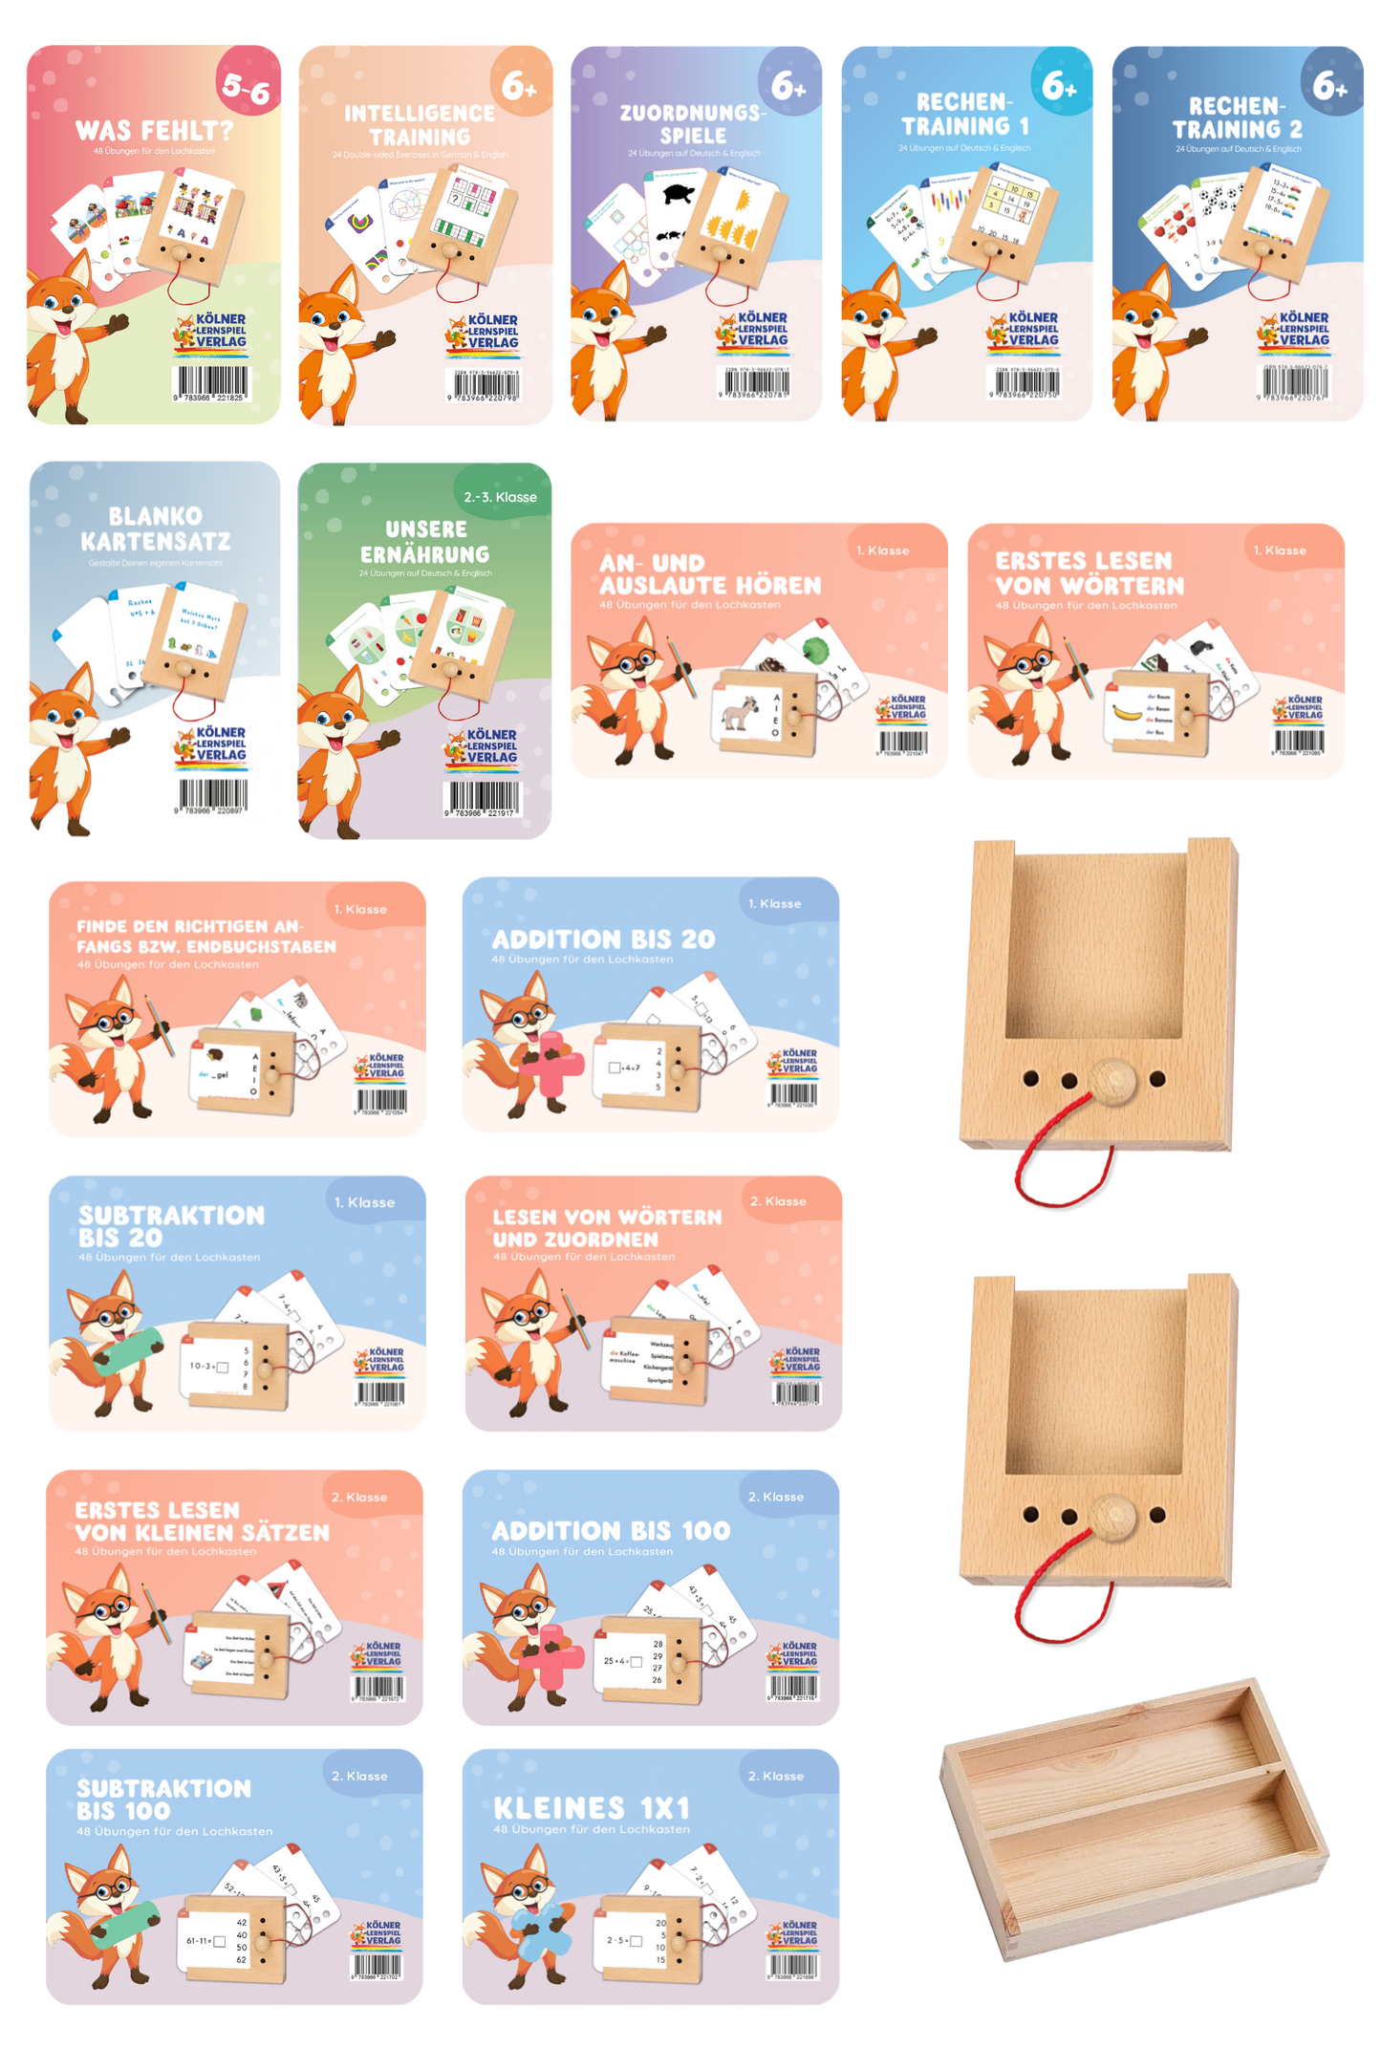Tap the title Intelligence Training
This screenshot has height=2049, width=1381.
tap(420, 125)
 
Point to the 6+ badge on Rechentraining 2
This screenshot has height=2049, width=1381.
tap(1330, 87)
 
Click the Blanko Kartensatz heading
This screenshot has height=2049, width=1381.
tap(155, 528)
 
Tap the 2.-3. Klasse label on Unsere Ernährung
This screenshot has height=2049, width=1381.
tap(500, 497)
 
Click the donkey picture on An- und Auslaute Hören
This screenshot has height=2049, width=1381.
tap(740, 713)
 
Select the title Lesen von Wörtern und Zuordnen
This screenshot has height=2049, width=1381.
tap(606, 1227)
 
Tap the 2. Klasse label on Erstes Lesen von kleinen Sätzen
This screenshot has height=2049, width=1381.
tap(359, 1497)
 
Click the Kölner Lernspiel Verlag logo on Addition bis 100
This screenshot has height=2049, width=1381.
tap(792, 1654)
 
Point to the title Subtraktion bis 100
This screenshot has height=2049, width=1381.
tap(163, 1799)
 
